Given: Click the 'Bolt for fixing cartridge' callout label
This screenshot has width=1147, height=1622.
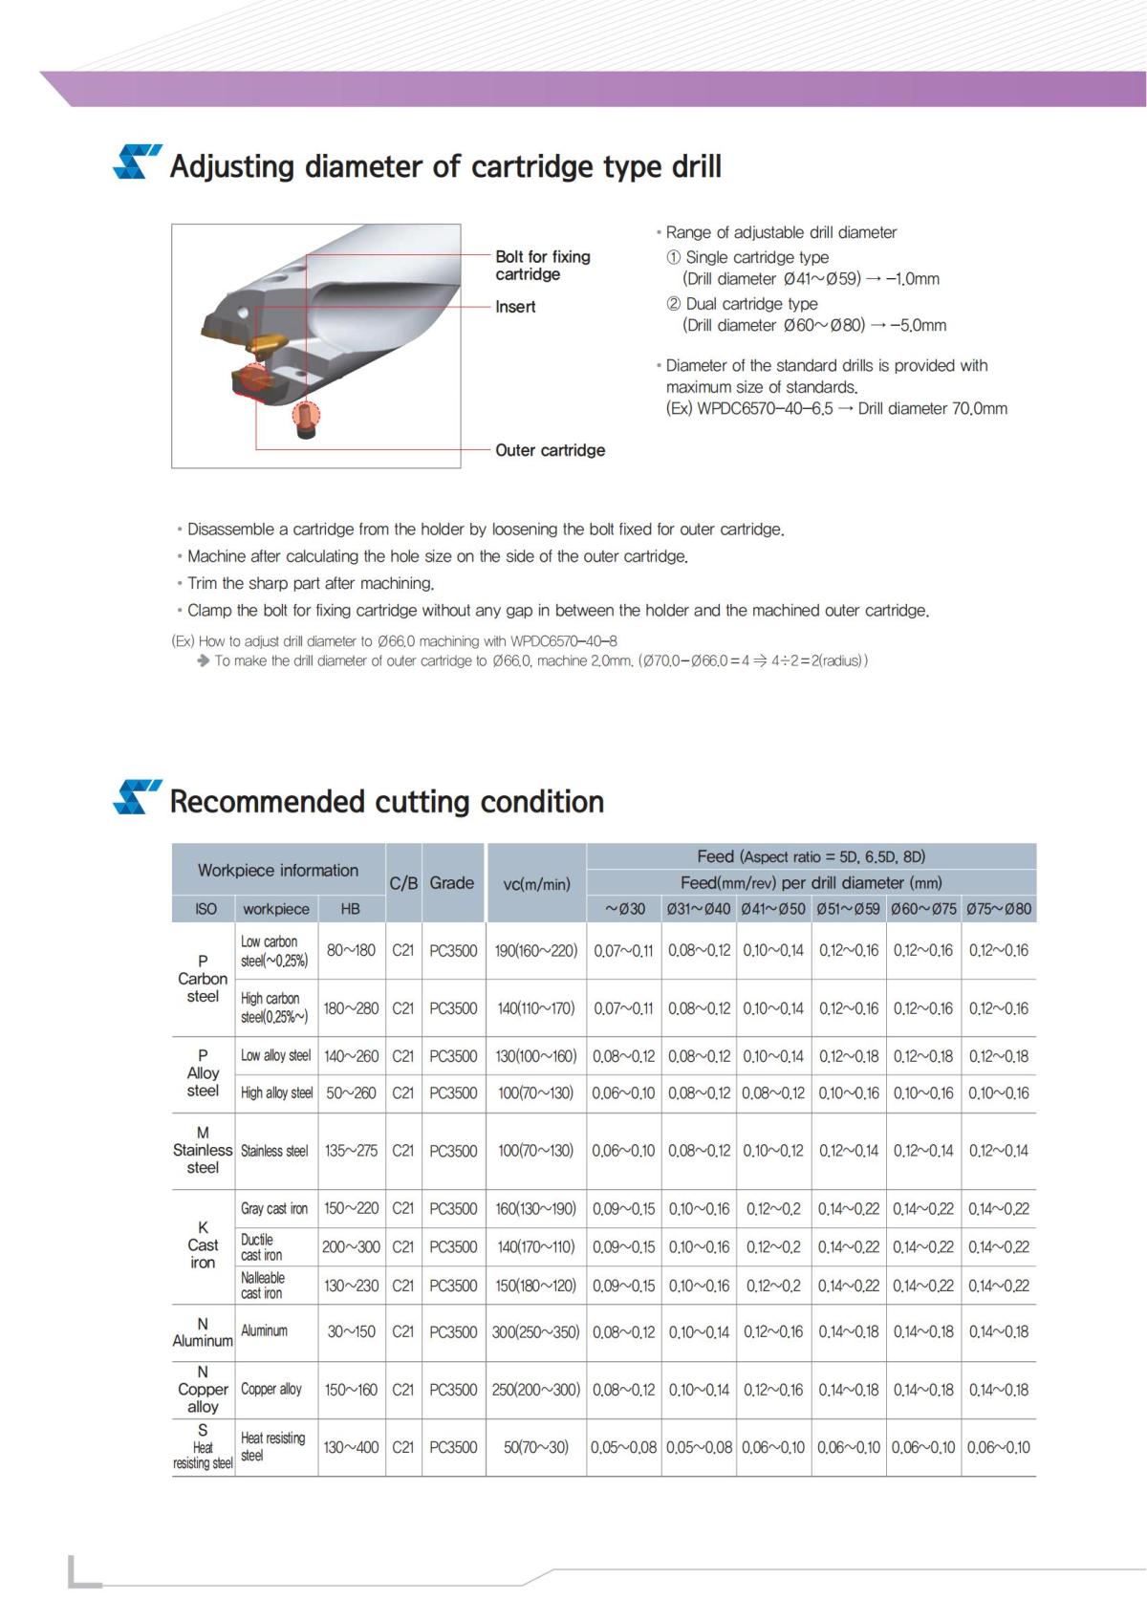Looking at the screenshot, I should point(542,266).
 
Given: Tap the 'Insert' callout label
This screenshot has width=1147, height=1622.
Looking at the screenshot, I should point(515,307).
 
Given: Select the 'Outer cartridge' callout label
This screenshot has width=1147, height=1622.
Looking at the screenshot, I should point(550,450).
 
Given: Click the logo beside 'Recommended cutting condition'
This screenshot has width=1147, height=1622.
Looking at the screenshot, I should point(137,797).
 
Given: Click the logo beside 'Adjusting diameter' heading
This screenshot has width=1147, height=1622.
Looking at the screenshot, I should point(137,162).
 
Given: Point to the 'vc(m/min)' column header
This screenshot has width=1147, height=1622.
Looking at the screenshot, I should point(536,883).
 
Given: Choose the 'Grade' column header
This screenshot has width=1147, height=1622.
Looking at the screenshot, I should point(451,882).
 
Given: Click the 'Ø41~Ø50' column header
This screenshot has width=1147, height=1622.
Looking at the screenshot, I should point(773,909).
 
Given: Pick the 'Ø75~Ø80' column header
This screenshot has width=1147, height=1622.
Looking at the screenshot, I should point(999,909).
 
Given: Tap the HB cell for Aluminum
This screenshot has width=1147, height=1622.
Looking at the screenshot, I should point(351,1331).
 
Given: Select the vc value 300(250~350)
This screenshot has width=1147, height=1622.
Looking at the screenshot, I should point(535,1331).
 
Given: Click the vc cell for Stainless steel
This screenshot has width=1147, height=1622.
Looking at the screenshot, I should point(535,1151).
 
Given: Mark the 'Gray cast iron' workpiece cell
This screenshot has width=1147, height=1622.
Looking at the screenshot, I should point(274,1209).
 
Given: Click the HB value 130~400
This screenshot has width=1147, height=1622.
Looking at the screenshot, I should point(351,1447).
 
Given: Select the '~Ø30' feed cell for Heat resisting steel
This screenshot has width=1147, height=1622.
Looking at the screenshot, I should point(623,1447).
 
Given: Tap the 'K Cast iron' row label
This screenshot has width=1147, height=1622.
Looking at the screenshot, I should point(203,1245).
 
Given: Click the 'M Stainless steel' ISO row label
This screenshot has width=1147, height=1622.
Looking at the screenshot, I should point(203,1150).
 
